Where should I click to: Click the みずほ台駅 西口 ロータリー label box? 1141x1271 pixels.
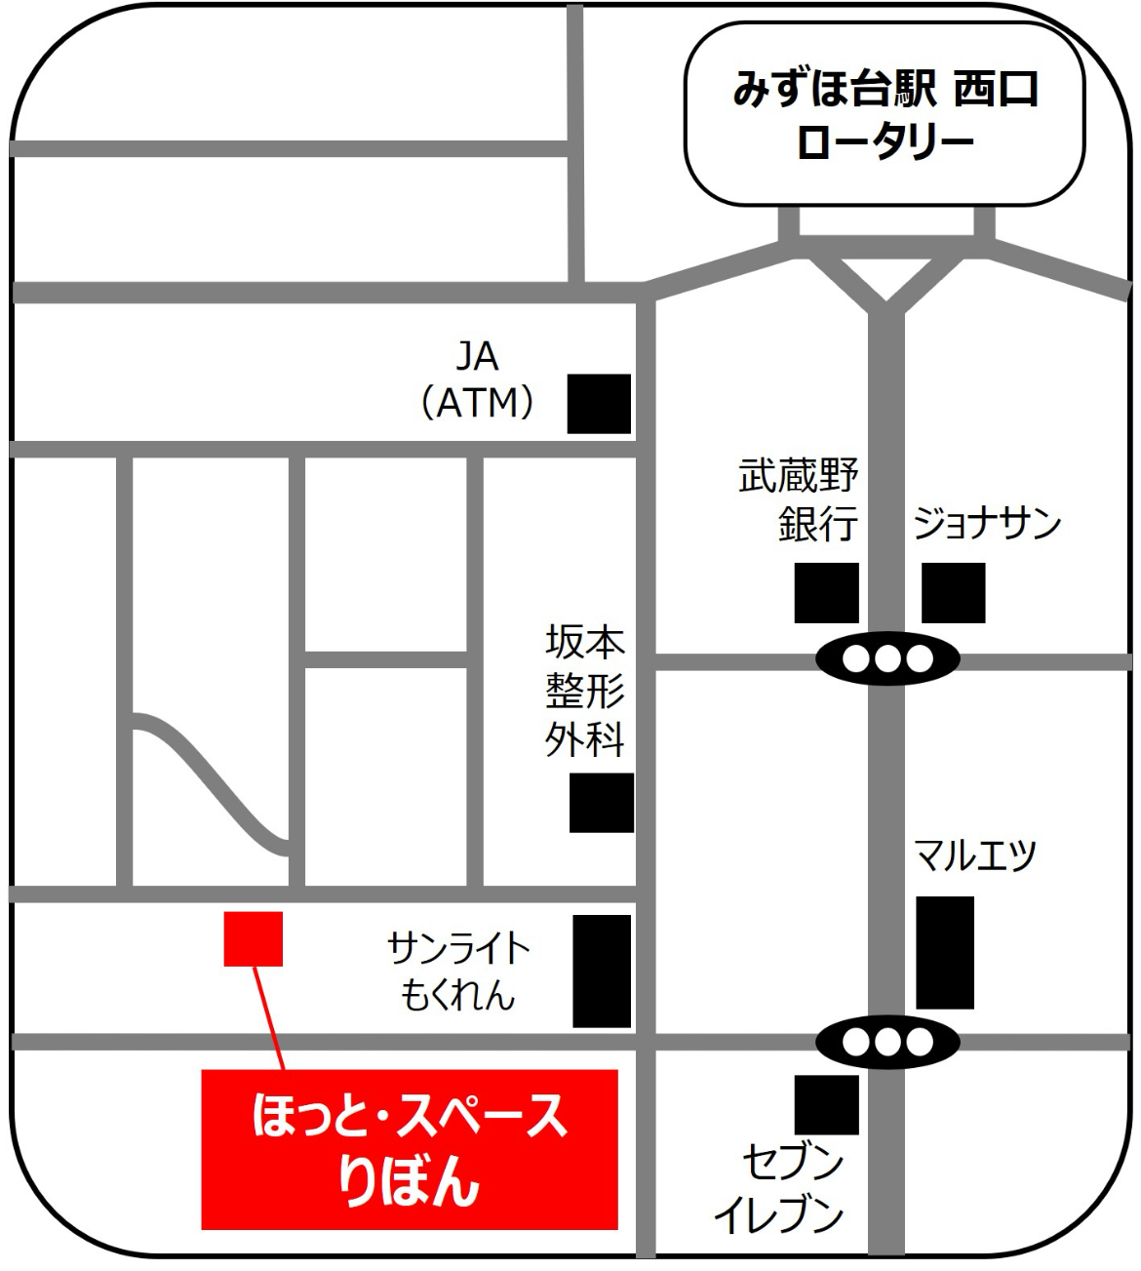(884, 115)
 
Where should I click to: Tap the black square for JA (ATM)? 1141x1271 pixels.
(599, 403)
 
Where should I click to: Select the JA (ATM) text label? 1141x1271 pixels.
(477, 379)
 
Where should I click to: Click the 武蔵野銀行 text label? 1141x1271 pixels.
(799, 500)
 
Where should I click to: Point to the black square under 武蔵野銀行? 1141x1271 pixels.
(826, 592)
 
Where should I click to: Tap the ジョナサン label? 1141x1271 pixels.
(986, 524)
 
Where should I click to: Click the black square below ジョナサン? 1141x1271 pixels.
(953, 592)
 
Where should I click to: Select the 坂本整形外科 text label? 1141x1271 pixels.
(584, 691)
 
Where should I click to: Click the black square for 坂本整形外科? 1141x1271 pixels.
(601, 803)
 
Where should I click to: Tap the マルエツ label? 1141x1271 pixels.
(974, 855)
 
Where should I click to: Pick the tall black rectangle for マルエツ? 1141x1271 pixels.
(944, 952)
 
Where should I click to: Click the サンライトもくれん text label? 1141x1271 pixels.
(458, 971)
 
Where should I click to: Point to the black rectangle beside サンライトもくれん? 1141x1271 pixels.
(601, 971)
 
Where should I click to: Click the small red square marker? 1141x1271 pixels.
(253, 938)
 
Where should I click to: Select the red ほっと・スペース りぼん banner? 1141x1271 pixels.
(410, 1149)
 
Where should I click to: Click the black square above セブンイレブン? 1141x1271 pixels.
(826, 1104)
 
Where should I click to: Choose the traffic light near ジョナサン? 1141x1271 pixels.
(886, 659)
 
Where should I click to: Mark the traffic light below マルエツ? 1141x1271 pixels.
(886, 1043)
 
